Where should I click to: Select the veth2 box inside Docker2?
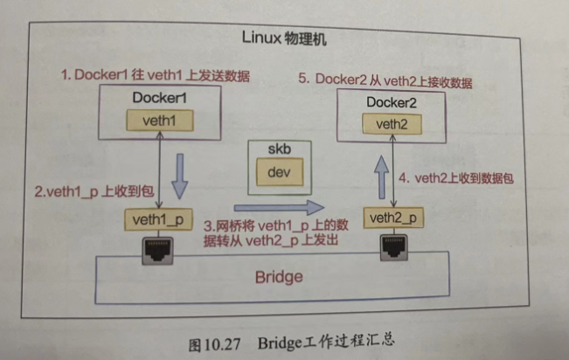pyautogui.click(x=393, y=122)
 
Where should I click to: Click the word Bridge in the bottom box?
pyautogui.click(x=278, y=278)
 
